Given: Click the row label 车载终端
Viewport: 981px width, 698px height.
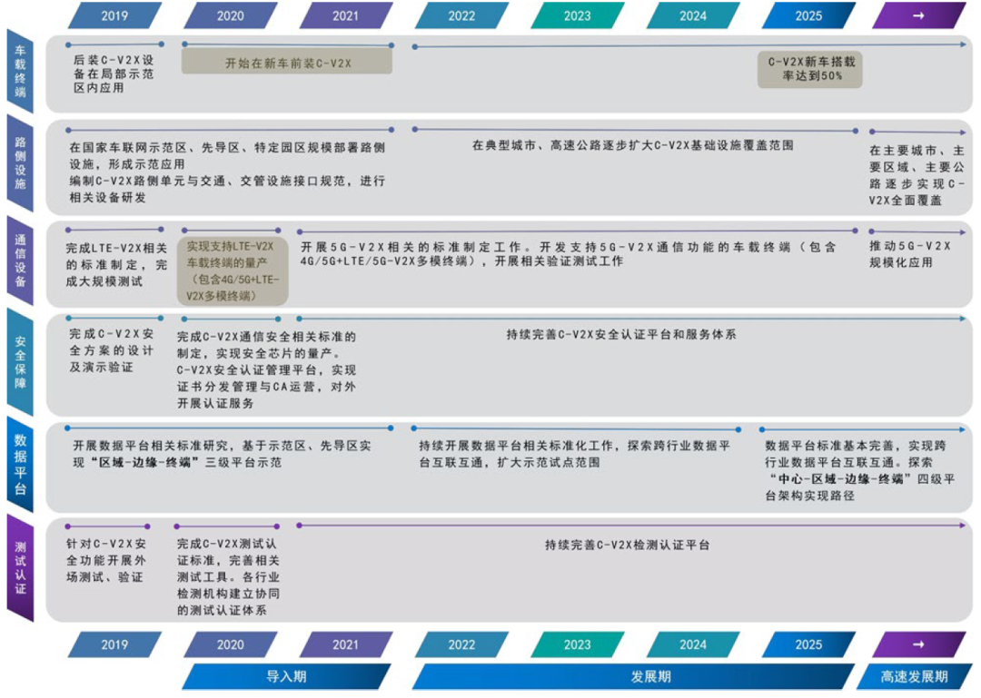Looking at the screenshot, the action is point(20,72).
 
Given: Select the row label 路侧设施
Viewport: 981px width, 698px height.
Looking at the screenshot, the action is point(20,162).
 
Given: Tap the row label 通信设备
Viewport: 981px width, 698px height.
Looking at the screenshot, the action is point(20,261).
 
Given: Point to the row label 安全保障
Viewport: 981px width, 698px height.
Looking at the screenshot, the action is point(20,362).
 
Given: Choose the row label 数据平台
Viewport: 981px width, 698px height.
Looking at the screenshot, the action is point(20,465).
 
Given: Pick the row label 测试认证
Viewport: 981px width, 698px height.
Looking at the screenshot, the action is point(20,567).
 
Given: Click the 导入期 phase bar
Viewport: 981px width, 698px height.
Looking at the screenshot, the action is point(286,677).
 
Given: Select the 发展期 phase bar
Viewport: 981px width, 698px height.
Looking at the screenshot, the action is point(633,677).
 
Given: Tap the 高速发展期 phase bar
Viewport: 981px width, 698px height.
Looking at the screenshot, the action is point(914,677).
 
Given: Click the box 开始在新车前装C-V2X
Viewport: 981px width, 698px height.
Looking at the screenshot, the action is point(287,63).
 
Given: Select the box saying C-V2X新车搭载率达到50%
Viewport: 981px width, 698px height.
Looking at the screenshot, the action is point(810,69).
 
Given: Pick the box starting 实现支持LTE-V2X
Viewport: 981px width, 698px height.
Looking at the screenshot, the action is point(233,270).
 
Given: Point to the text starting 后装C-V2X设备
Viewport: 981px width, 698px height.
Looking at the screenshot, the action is point(114,74).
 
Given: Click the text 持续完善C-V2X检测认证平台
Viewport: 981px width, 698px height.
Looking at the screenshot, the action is point(628,545).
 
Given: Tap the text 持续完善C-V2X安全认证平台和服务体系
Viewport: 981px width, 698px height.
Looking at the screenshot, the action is point(621,335).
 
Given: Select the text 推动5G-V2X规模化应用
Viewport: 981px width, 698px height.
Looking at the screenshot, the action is point(910,254).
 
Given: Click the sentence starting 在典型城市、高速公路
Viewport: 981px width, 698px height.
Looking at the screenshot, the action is point(632,145).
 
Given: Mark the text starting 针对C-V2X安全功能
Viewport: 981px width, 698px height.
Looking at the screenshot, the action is point(105,560).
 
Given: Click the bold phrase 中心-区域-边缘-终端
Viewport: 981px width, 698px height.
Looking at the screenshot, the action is point(840,479).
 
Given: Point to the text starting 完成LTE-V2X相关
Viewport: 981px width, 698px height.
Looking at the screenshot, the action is point(116,264).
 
